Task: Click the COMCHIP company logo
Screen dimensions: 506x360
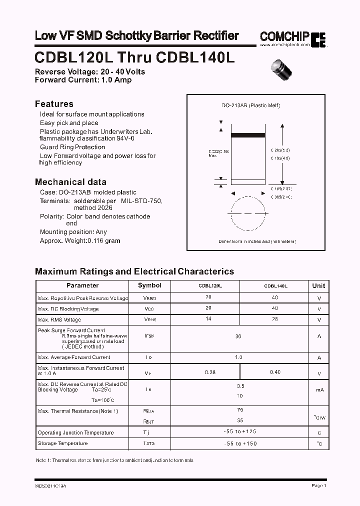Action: [292, 37]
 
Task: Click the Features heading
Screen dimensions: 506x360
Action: [54, 104]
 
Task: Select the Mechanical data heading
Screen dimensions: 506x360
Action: [70, 182]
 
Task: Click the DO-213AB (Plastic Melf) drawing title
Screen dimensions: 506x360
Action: [250, 105]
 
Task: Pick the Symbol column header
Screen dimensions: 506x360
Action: [149, 285]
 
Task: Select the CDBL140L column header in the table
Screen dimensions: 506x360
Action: [275, 286]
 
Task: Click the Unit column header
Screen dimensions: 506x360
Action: [318, 286]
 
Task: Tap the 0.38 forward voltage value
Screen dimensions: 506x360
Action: [210, 372]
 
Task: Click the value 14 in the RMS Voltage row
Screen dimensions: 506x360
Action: [208, 319]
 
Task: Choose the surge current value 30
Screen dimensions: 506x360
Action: [238, 336]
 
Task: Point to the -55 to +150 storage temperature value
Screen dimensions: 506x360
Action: [240, 443]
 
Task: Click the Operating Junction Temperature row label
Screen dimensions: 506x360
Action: [75, 432]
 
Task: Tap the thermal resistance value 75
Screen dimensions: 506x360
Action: [240, 409]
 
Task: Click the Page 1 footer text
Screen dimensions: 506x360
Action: [318, 485]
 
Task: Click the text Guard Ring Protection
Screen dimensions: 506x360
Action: [72, 147]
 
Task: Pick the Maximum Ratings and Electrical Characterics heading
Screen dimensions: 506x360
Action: [134, 271]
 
